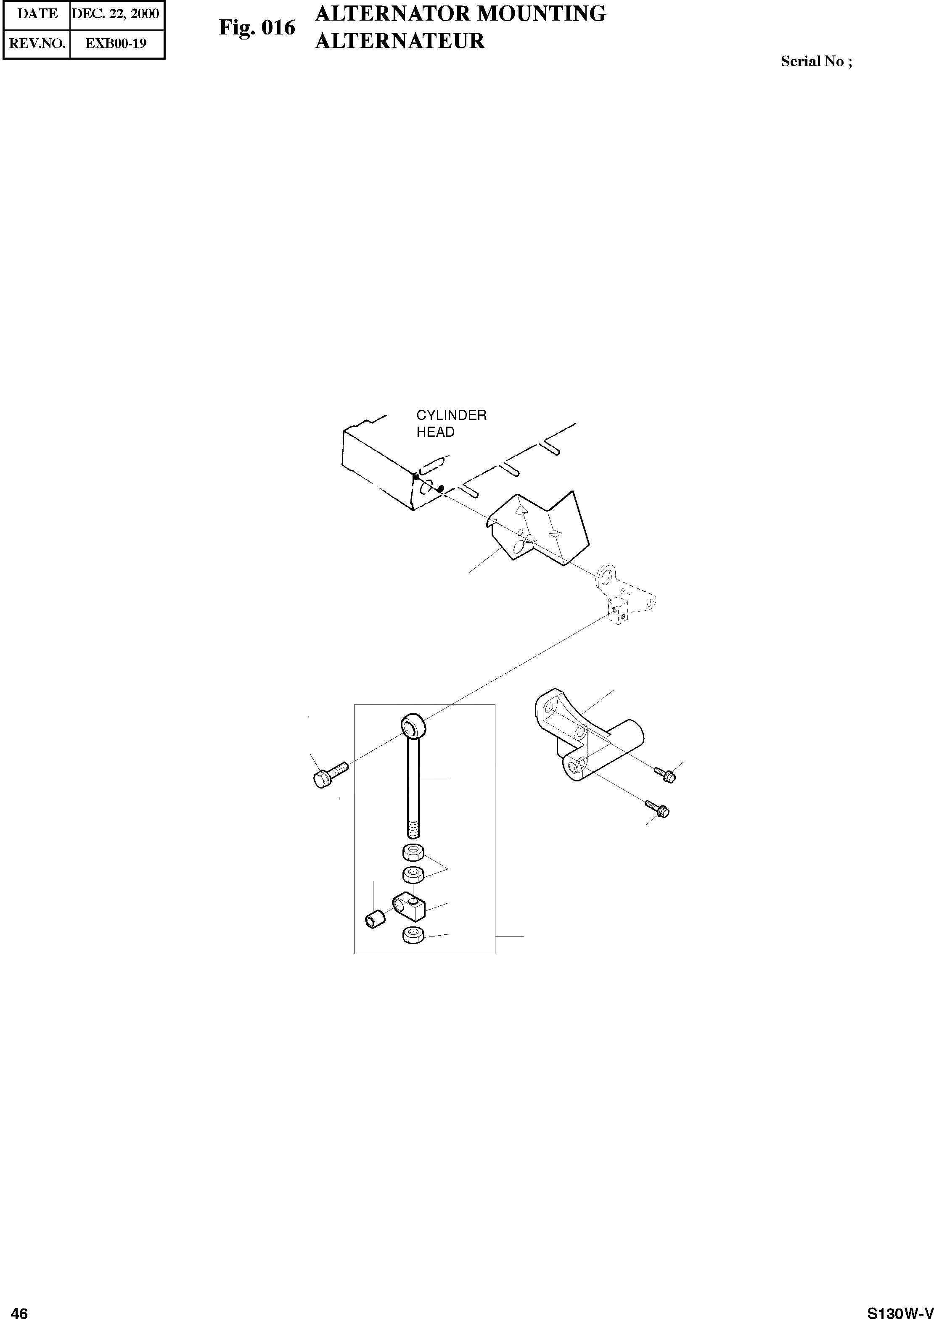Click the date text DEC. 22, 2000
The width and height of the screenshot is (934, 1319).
tap(115, 14)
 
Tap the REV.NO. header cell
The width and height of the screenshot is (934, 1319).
tap(37, 43)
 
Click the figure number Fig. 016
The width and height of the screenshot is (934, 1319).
tap(257, 28)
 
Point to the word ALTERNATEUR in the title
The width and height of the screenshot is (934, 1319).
tap(400, 41)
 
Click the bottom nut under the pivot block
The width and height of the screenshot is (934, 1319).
tap(413, 936)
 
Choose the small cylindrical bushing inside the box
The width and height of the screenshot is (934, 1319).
tap(375, 918)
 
